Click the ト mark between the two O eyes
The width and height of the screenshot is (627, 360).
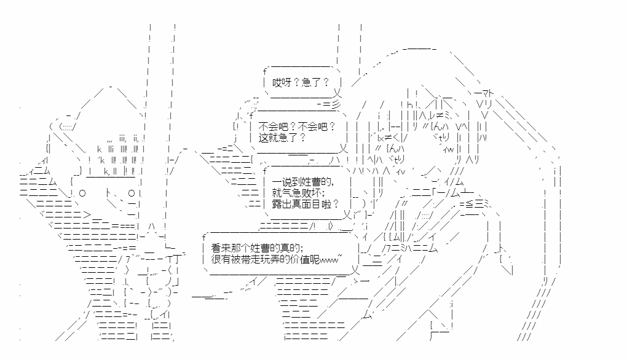pyautogui.click(x=108, y=193)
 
